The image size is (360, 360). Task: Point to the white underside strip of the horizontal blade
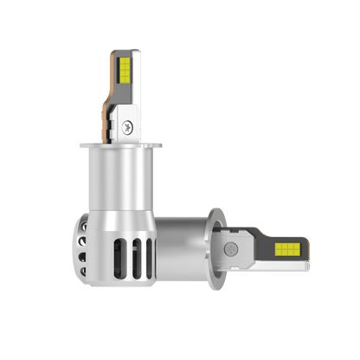click(x=277, y=262)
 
